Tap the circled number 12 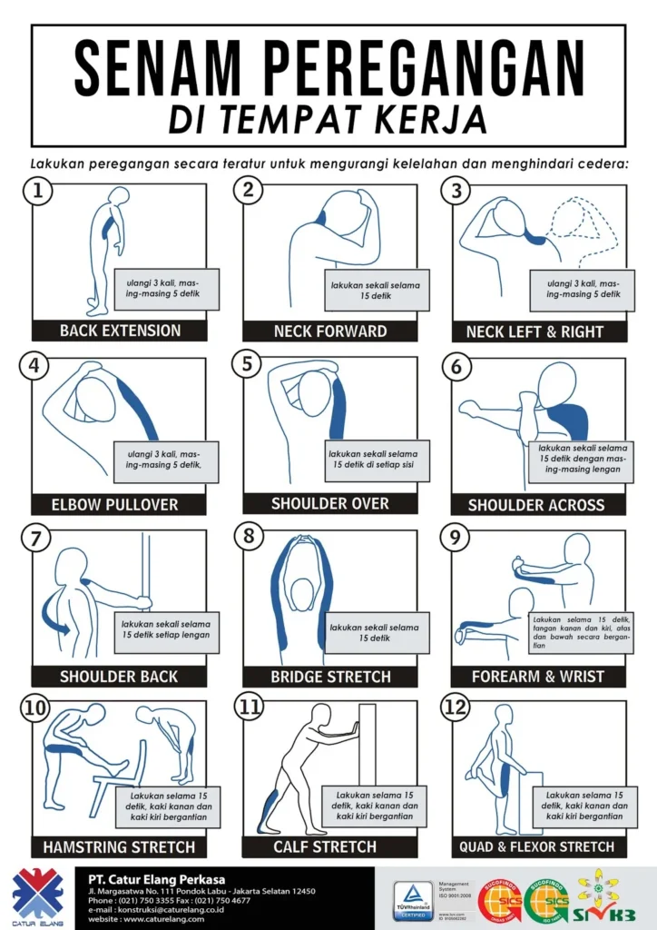[455, 708]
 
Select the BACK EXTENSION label [120, 331]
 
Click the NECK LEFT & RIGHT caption [534, 331]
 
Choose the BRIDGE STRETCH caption [330, 677]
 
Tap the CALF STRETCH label [325, 846]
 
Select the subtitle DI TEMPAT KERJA [328, 120]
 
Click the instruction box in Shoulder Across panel [581, 459]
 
